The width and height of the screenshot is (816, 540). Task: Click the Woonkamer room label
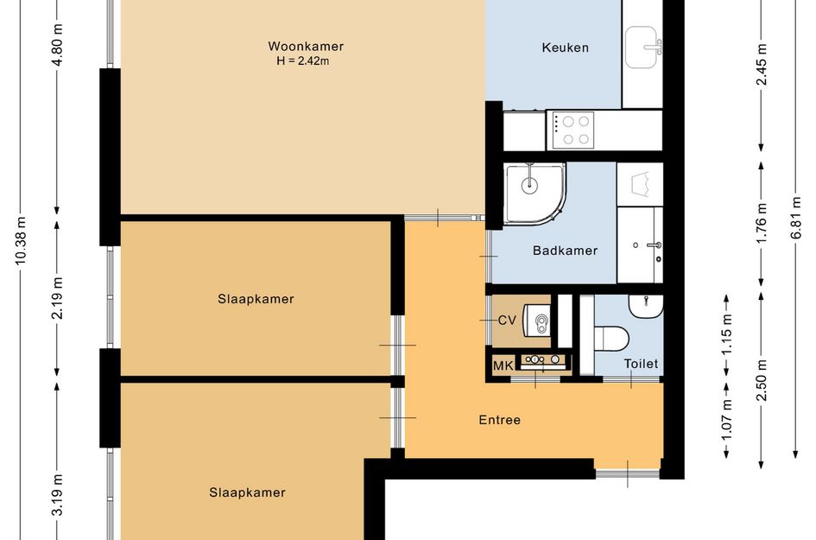[306, 47]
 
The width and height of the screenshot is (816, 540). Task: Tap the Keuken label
[566, 48]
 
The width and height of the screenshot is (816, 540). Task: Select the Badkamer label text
[566, 251]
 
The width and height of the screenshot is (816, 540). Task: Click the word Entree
[500, 420]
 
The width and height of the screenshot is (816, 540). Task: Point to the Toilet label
[641, 364]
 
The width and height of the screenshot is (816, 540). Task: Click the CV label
[507, 321]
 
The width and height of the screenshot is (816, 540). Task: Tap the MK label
[503, 365]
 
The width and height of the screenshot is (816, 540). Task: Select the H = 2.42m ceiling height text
[303, 61]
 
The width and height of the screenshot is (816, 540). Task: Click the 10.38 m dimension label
[21, 241]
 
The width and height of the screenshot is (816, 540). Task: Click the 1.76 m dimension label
[762, 223]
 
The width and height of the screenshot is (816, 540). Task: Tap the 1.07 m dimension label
[727, 419]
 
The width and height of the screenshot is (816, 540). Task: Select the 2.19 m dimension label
[57, 298]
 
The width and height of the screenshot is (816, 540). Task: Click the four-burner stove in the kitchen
[571, 130]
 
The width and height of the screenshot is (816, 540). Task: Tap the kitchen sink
[643, 48]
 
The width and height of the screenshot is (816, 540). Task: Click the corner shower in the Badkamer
[535, 194]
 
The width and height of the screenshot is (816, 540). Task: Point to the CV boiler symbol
[536, 320]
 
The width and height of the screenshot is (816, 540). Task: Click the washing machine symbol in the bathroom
[640, 184]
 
